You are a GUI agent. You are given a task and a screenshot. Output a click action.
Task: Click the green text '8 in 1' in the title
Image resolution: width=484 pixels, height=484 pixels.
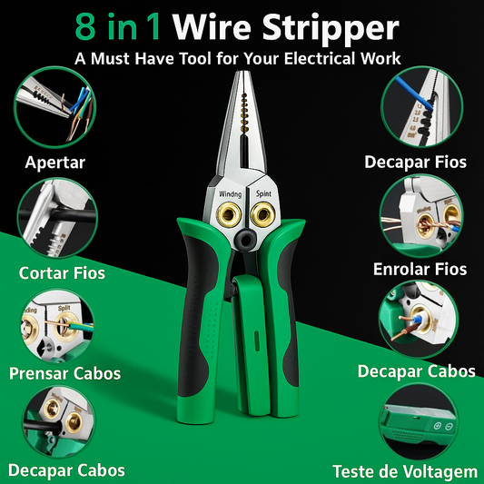coord(118,27)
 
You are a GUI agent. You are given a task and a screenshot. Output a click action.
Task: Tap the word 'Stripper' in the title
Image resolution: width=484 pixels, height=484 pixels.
coord(331,29)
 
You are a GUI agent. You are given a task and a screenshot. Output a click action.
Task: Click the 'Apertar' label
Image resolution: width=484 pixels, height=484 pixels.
coord(55,163)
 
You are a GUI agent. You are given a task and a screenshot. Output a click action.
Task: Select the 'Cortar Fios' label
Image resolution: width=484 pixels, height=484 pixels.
coord(62,272)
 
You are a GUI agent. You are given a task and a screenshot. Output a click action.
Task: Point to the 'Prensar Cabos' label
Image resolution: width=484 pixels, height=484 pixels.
coord(64,373)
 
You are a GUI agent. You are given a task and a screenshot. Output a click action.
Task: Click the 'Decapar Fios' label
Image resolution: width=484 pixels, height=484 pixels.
coord(415,162)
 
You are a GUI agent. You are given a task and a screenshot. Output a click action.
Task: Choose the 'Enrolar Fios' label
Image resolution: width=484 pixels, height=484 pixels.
coord(420,269)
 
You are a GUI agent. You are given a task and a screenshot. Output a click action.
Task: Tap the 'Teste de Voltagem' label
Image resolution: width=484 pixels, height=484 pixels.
coord(405,471)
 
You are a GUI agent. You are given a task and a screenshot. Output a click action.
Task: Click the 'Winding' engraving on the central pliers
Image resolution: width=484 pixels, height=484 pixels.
coord(231,193)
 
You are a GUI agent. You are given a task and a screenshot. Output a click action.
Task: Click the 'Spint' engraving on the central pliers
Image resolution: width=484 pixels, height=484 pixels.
coord(263,193)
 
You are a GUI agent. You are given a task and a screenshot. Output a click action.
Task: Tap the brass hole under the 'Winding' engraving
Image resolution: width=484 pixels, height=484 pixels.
coord(229,214)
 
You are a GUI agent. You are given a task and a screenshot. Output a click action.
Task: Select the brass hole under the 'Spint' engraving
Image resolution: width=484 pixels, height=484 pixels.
coord(262,214)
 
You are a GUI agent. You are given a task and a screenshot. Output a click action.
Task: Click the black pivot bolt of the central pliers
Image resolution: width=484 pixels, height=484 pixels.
coord(245,239)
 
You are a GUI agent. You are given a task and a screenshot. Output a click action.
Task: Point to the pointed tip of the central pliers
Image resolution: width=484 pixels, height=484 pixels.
coord(242,73)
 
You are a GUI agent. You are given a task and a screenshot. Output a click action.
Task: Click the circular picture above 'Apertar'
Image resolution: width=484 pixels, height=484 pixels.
coord(55,107)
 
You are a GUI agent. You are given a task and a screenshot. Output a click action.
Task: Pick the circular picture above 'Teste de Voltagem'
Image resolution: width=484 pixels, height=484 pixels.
coord(419,423)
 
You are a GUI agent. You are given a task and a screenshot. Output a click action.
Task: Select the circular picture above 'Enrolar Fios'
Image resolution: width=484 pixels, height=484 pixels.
coord(421,216)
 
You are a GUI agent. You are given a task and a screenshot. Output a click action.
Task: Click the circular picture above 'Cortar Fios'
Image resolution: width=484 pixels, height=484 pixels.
coord(57,218)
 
